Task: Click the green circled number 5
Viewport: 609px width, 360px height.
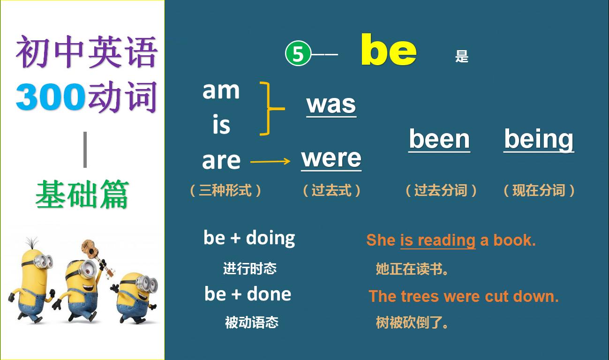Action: (x=298, y=54)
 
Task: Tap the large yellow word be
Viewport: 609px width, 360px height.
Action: (x=389, y=50)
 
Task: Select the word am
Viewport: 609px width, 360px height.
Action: (x=221, y=90)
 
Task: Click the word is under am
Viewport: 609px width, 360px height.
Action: (x=221, y=125)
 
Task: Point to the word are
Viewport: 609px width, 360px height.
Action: (x=221, y=161)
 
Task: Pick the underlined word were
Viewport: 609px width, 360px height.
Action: (x=331, y=158)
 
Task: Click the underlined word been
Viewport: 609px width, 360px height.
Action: (x=439, y=139)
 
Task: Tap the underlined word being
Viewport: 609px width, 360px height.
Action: (x=539, y=140)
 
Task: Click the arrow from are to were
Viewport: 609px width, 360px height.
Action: (x=271, y=162)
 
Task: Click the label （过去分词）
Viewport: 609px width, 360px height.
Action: (x=441, y=190)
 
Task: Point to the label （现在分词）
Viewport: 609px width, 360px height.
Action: (x=539, y=190)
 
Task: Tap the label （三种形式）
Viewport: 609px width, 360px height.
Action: (x=226, y=190)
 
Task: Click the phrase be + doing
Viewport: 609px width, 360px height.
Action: (x=249, y=238)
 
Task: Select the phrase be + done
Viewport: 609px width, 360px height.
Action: (x=248, y=294)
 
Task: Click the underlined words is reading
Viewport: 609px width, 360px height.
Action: (x=437, y=240)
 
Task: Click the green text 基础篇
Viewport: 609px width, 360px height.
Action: (x=82, y=195)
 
